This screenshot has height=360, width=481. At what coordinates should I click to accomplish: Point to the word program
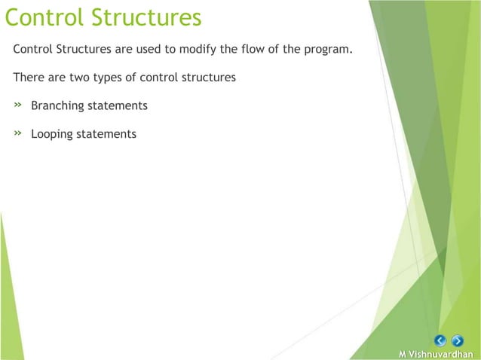tap(329, 51)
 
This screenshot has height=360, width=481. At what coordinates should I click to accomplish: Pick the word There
tap(29, 78)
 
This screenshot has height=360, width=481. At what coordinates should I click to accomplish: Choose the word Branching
tap(57, 106)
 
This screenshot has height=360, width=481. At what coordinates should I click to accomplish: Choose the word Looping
tap(52, 135)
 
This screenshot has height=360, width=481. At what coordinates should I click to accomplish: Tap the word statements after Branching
tap(117, 105)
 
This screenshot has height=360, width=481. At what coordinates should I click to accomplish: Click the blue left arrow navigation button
tap(441, 340)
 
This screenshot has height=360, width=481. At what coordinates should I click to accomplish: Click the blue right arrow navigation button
tap(458, 340)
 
